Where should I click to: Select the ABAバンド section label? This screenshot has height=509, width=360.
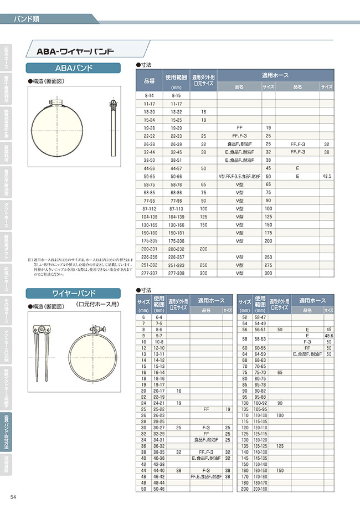[x=74, y=68]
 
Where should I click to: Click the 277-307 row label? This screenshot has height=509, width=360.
[x=149, y=273]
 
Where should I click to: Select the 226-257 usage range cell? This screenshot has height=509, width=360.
[x=177, y=257]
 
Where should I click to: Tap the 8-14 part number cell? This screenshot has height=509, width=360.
[x=149, y=95]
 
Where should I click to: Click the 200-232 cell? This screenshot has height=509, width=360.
[x=177, y=249]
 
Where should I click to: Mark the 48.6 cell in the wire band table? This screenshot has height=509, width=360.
[x=328, y=336]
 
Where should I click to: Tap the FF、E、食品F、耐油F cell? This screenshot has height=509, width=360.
[x=206, y=476]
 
